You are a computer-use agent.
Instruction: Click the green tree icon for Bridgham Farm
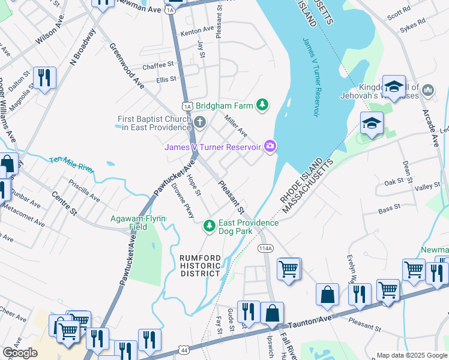pos(262,106)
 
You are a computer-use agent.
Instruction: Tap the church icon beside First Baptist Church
pos(200,123)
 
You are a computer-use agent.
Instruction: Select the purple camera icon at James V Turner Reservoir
pos(271,146)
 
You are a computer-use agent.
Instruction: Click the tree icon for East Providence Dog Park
pos(209,226)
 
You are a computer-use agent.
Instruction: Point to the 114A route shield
pos(265,248)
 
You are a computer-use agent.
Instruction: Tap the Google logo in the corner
pos(20,353)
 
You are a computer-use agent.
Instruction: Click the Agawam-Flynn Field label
pos(137,223)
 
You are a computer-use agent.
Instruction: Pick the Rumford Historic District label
pos(201,266)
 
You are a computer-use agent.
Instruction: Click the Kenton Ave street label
pos(197,29)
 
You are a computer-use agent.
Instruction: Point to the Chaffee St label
pos(158,64)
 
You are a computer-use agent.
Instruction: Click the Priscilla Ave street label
pos(84,190)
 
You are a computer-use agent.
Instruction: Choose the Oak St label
pos(394,181)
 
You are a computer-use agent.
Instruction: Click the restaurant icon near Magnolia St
pos(44,78)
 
